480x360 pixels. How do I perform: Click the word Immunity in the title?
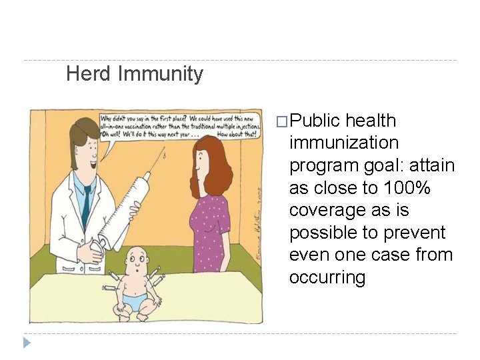point(160,73)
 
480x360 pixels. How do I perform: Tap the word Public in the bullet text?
point(315,121)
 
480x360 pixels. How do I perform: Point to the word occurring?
point(327,277)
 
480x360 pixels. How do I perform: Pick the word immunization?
point(344,143)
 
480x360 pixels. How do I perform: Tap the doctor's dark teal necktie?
point(86,203)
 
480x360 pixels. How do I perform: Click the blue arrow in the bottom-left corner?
point(27,343)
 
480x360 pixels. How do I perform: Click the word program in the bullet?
point(321,165)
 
